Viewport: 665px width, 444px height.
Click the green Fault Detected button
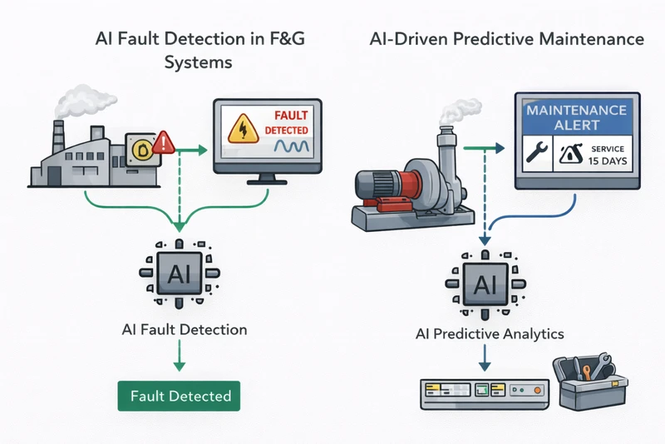click(x=179, y=396)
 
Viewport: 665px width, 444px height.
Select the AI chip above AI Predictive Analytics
click(x=482, y=285)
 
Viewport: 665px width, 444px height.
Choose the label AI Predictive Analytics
click(x=490, y=334)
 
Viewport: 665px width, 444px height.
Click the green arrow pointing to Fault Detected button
click(x=179, y=358)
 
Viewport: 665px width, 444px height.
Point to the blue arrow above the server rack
click(x=483, y=360)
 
